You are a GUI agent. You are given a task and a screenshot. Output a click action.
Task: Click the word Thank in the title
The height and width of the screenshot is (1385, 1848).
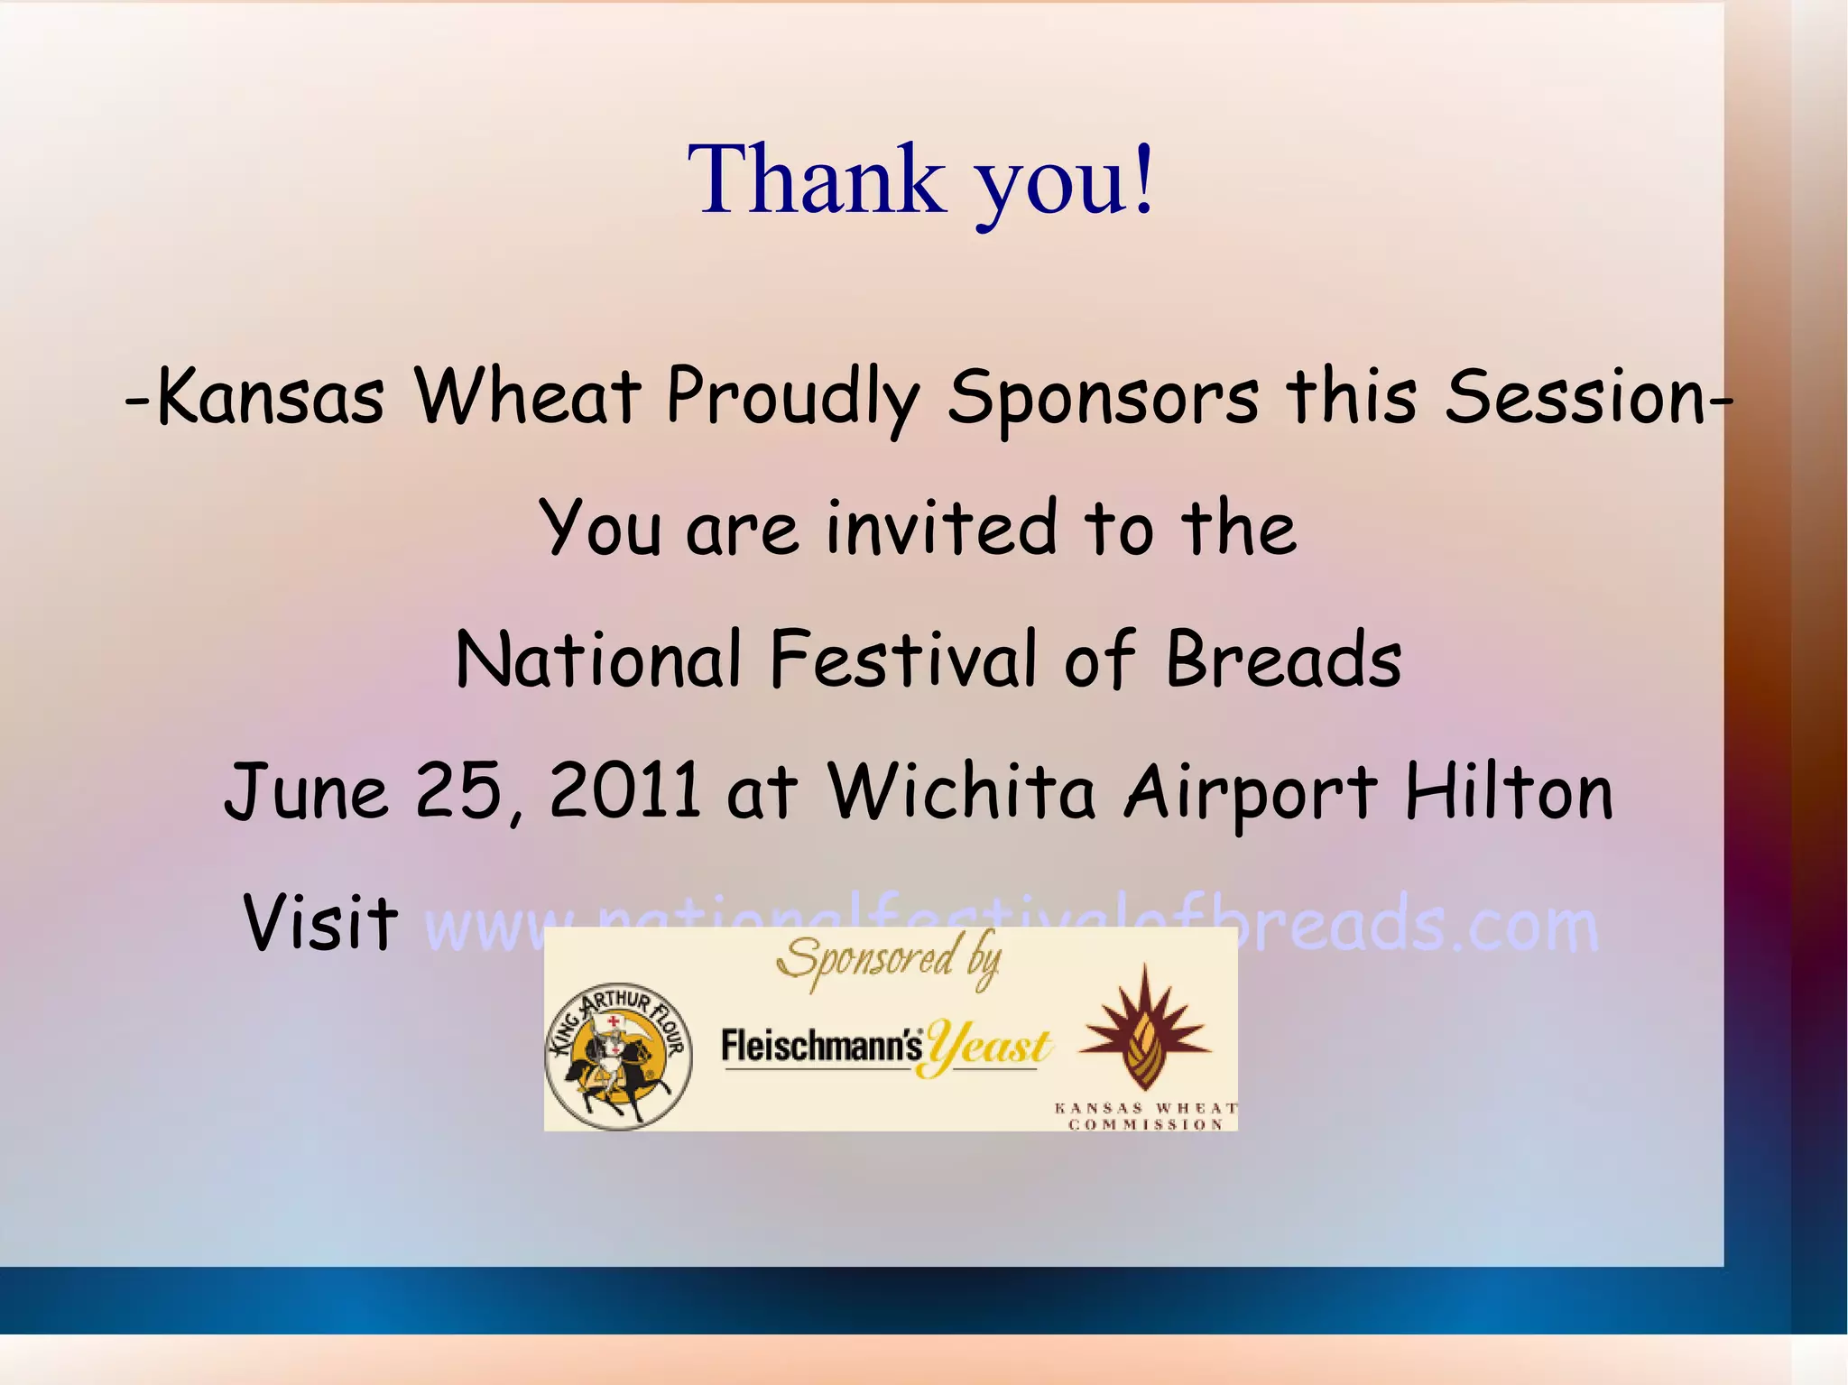[x=817, y=180]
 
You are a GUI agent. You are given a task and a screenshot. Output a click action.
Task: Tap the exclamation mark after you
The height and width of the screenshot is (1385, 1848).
[x=1142, y=180]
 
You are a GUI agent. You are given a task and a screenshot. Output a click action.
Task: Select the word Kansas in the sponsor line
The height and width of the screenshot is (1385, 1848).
[x=271, y=397]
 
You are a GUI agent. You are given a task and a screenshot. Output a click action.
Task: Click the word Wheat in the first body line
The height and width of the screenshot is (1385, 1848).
[x=527, y=397]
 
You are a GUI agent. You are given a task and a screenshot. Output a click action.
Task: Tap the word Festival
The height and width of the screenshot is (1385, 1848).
[x=903, y=660]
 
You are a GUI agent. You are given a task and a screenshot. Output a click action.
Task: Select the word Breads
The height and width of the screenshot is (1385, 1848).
[x=1283, y=660]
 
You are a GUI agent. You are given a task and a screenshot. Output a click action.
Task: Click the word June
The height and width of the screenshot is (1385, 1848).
[x=307, y=791]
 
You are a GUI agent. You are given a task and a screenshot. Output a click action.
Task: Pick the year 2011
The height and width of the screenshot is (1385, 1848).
[x=624, y=791]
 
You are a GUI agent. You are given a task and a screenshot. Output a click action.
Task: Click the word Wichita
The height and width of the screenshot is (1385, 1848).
[x=962, y=791]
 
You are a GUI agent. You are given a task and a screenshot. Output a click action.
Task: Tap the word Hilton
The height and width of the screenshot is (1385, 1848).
[x=1509, y=791]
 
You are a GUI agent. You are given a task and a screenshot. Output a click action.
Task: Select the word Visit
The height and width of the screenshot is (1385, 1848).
[x=320, y=923]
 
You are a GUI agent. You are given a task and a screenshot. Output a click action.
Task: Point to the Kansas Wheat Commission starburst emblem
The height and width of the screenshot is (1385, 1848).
[x=1144, y=1029]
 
